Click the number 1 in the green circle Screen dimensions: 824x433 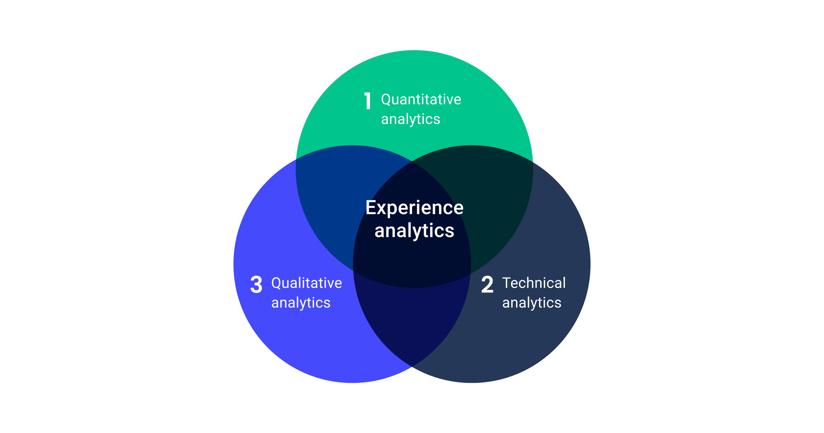[368, 101]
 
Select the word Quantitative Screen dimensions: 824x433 [421, 100]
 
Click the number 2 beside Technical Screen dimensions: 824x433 [487, 285]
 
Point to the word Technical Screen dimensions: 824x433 [534, 283]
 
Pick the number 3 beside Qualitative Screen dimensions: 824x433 [256, 285]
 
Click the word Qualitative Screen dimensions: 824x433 [307, 283]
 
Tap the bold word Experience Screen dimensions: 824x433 [414, 208]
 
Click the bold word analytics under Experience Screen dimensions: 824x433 [414, 231]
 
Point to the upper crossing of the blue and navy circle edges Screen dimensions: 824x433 [412, 162]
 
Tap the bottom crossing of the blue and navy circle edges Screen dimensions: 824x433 [412, 366]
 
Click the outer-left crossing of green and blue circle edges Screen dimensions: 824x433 [296, 159]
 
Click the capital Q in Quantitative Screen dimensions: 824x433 [386, 100]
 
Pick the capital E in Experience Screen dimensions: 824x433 [370, 208]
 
